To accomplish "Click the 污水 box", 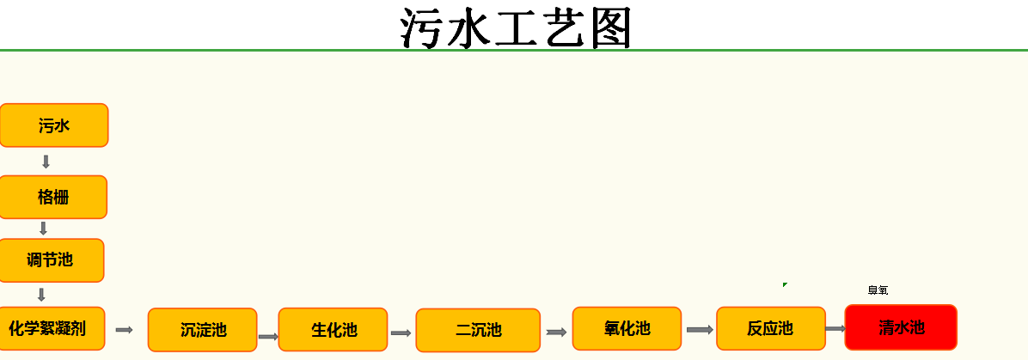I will click(x=53, y=125).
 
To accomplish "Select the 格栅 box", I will click(x=53, y=197).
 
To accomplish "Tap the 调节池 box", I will click(x=52, y=260).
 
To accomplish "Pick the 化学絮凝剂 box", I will click(x=52, y=328).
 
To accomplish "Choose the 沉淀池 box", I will click(x=202, y=330).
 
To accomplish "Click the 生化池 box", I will click(x=333, y=330).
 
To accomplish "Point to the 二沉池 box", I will click(x=478, y=331).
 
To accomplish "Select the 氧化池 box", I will click(x=627, y=328).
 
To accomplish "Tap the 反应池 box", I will click(x=770, y=328).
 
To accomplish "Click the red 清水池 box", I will click(x=900, y=327).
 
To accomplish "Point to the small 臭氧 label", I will click(x=878, y=290).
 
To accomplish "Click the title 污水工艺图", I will click(x=516, y=27).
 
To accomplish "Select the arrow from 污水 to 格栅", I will click(x=46, y=162).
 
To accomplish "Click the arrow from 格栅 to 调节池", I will click(x=43, y=229).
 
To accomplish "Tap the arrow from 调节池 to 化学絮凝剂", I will click(x=41, y=295).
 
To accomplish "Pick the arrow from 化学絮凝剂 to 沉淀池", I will click(x=125, y=330).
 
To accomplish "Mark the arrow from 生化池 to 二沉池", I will click(x=401, y=333).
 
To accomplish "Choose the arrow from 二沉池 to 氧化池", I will click(x=556, y=333).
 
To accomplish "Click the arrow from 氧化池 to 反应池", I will click(x=700, y=330).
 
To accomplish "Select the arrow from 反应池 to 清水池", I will click(x=835, y=328).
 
